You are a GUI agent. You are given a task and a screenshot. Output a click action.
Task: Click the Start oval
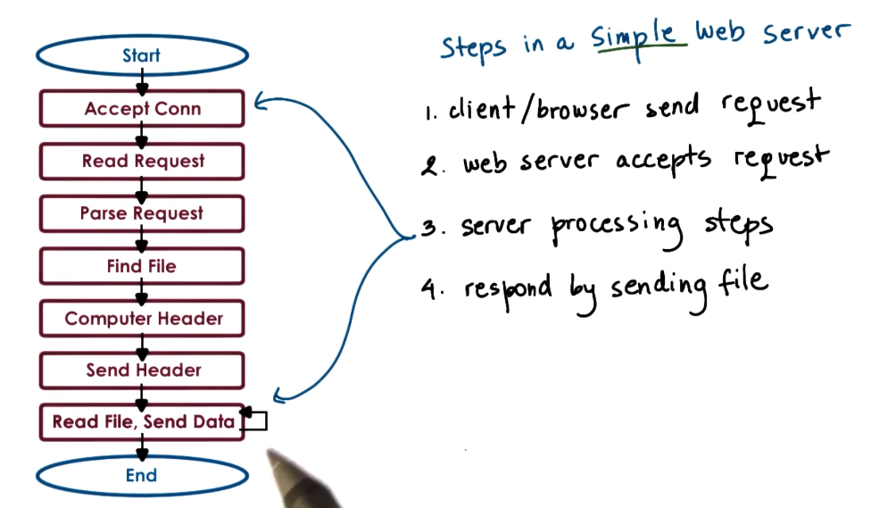[141, 55]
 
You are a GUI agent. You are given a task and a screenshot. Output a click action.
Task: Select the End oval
[141, 475]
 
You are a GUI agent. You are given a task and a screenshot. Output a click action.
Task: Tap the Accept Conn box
[142, 109]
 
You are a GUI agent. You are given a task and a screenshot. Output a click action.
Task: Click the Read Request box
[142, 162]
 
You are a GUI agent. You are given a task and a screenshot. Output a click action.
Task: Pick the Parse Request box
[142, 214]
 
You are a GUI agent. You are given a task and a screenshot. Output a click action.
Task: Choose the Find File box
[142, 266]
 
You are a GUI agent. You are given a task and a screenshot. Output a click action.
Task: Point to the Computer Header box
[142, 319]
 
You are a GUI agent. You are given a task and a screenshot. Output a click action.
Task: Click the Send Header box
[142, 371]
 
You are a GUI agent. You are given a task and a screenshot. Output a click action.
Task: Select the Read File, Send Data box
[142, 422]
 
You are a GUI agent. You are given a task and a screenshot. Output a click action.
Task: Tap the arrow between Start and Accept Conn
[141, 81]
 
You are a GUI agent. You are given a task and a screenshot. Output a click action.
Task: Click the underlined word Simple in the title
[637, 37]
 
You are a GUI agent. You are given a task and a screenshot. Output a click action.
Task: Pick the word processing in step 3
[616, 225]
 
